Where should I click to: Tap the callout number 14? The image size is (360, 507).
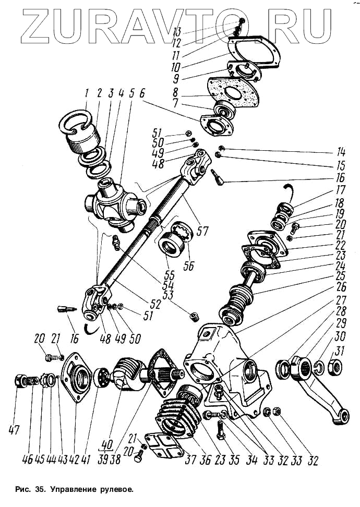[x=342, y=153]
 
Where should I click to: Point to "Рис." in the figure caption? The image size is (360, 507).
[x=25, y=490]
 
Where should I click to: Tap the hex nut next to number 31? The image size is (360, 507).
[x=333, y=368]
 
